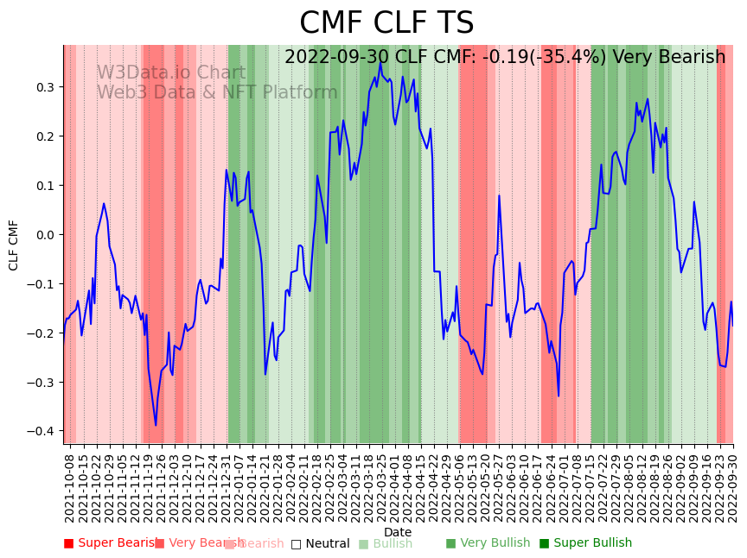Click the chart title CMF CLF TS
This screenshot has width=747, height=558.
click(386, 23)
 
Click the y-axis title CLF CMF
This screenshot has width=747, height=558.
click(14, 245)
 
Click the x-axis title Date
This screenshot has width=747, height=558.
click(398, 532)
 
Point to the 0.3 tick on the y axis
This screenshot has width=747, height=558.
click(44, 87)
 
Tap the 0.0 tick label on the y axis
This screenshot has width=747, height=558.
click(44, 235)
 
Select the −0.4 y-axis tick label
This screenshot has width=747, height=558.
click(41, 432)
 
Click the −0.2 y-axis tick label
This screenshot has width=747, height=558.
click(41, 333)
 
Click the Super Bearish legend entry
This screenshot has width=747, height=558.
click(107, 543)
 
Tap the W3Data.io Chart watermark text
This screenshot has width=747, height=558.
click(170, 73)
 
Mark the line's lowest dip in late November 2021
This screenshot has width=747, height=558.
click(156, 425)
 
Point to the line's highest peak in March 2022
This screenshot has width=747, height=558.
click(380, 62)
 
